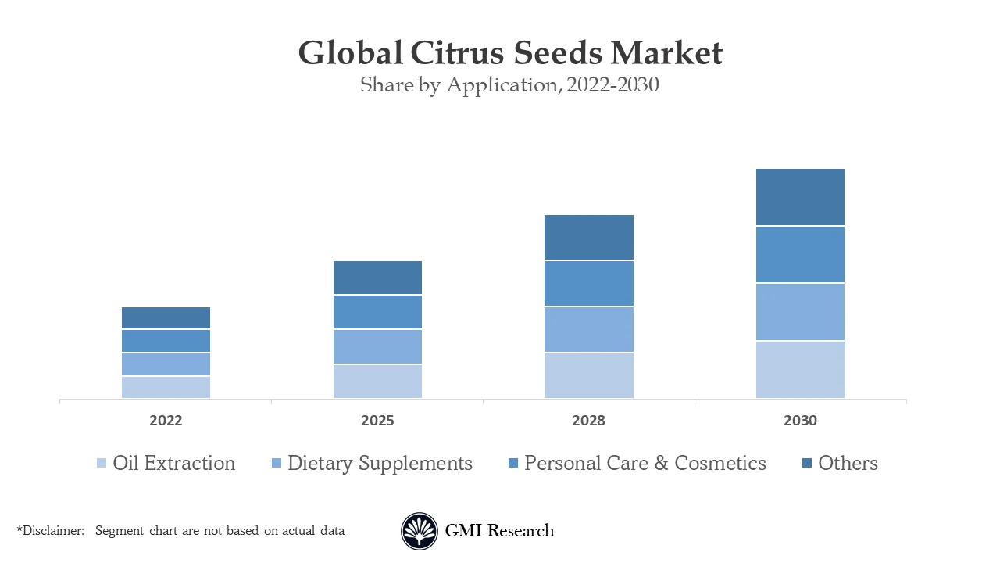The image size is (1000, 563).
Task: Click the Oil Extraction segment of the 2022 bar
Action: (x=166, y=387)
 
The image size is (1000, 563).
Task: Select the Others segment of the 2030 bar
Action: (x=800, y=197)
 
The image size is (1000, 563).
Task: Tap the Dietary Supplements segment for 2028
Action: (x=588, y=329)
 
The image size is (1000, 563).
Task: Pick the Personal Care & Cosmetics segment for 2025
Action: (x=377, y=312)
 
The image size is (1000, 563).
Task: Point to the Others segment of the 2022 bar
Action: (x=166, y=317)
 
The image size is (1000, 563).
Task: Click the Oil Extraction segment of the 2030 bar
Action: (x=800, y=369)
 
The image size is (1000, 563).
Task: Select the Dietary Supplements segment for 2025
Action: (x=377, y=346)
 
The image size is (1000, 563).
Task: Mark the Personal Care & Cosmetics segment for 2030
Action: (x=800, y=254)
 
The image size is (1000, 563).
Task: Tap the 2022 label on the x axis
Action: (x=166, y=421)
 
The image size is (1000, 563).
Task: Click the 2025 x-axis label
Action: (x=377, y=421)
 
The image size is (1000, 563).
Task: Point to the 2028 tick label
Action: (x=588, y=421)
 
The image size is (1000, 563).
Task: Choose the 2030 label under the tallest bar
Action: (x=800, y=421)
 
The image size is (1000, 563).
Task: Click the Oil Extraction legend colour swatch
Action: (x=102, y=464)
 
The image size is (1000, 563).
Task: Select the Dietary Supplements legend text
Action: (x=380, y=463)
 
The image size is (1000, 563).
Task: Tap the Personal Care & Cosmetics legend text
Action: (x=645, y=463)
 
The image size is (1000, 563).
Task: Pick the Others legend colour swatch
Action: (x=807, y=464)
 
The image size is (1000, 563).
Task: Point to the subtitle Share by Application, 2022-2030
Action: (x=509, y=85)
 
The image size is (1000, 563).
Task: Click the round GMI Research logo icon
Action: (x=420, y=532)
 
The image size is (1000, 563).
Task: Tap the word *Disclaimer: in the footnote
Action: (x=51, y=531)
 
